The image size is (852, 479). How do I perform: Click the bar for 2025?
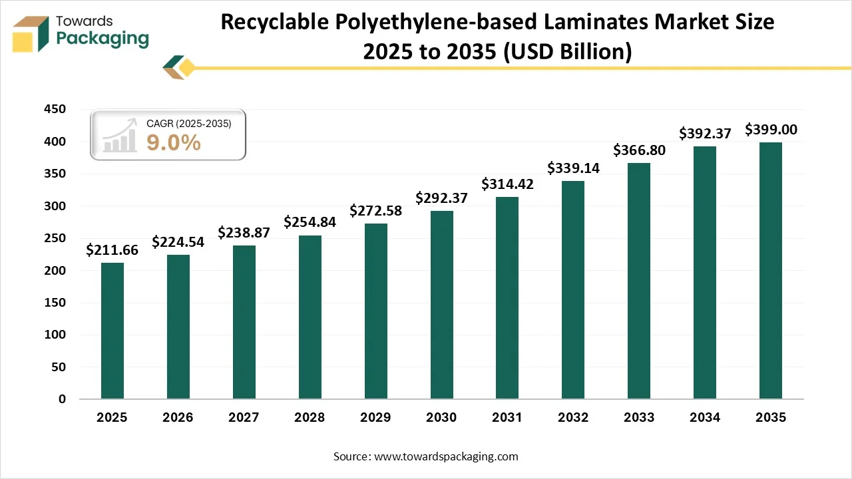click(112, 331)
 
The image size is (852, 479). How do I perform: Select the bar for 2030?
click(441, 305)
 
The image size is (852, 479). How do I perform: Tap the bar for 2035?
click(771, 270)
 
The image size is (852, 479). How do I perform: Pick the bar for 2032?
click(573, 289)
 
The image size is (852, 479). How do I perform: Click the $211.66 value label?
click(112, 250)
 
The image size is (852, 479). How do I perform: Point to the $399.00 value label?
click(771, 129)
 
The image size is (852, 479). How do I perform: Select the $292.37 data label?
click(441, 198)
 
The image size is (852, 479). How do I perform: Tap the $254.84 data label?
click(310, 222)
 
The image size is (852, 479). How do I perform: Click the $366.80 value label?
click(639, 150)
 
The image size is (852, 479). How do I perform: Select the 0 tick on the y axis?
click(62, 399)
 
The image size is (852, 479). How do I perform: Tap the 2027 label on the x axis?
click(244, 418)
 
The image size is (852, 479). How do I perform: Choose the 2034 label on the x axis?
click(705, 418)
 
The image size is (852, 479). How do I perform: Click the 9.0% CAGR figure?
click(173, 142)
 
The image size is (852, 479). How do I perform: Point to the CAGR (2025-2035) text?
click(188, 123)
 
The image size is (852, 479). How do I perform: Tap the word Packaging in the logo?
click(103, 39)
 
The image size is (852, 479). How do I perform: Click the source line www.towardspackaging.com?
click(446, 456)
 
